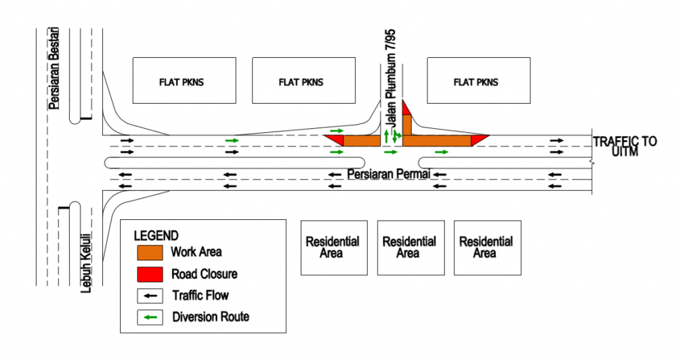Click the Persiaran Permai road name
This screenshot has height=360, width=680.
[389, 173]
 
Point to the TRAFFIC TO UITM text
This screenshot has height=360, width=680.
[625, 147]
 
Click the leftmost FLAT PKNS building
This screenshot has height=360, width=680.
[184, 80]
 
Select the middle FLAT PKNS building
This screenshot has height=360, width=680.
[303, 80]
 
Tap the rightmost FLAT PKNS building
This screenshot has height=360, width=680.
[478, 80]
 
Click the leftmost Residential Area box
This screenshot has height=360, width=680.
[333, 247]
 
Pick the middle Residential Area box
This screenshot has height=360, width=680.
[410, 247]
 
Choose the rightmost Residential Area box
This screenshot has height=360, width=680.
[486, 247]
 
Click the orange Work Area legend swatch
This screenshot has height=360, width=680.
[150, 252]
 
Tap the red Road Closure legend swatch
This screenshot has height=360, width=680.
[150, 274]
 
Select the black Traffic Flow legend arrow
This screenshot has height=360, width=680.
[150, 296]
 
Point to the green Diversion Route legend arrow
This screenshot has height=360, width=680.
[150, 317]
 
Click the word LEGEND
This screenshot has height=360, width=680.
[156, 235]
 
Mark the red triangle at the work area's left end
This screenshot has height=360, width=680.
[335, 139]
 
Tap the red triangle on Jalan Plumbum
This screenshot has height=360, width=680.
[406, 108]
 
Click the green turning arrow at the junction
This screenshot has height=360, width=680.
[396, 137]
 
